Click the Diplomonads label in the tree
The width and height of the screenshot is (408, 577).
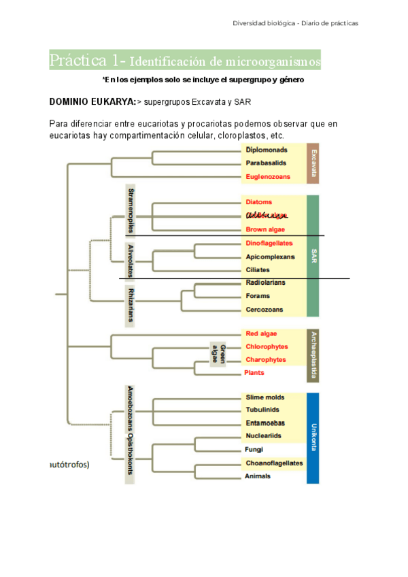(x=266, y=150)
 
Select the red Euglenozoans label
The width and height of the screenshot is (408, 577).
(x=268, y=177)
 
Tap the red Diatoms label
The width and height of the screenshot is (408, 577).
(x=259, y=202)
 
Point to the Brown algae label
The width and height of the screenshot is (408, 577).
(x=266, y=229)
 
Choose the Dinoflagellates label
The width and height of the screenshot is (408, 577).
(x=269, y=244)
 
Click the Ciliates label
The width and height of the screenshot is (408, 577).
(x=258, y=270)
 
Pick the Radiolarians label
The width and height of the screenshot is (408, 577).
(x=266, y=282)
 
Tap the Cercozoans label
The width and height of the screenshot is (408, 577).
(x=265, y=310)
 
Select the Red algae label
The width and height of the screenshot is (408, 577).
(x=262, y=333)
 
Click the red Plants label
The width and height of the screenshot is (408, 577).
(x=254, y=373)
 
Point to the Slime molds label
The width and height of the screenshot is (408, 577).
(x=265, y=397)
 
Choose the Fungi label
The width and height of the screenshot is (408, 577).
(x=254, y=450)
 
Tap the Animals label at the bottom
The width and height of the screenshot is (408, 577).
(x=258, y=476)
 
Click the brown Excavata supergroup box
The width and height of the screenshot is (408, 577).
(x=313, y=163)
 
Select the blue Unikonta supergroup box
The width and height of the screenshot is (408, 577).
(x=313, y=438)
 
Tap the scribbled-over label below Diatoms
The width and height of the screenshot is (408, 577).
(x=267, y=216)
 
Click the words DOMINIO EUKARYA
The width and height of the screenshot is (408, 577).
(x=92, y=102)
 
